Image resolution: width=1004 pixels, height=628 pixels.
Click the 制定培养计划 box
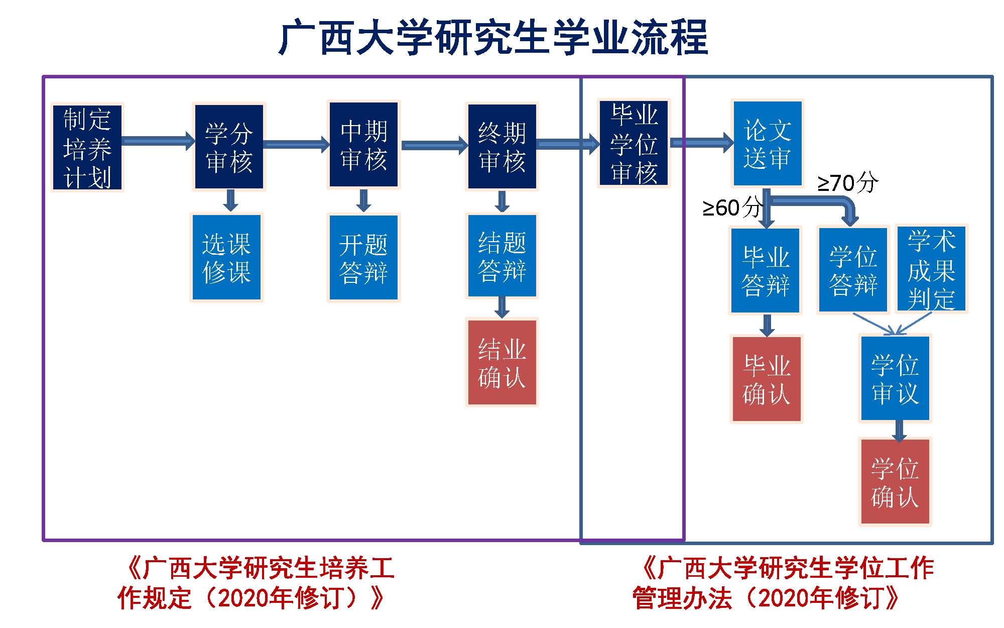[87, 147]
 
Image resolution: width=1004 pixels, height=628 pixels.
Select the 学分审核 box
[229, 147]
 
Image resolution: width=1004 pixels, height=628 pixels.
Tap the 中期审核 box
[363, 145]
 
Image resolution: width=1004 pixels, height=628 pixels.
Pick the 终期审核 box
[502, 147]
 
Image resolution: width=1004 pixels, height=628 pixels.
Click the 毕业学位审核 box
[634, 144]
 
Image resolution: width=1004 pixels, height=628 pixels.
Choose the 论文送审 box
[768, 144]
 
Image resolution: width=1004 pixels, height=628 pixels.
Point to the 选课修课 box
[226, 257]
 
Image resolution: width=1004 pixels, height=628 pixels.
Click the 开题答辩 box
[363, 258]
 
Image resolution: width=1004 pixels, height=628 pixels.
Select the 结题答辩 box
[502, 256]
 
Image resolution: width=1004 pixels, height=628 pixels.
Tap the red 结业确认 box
[502, 362]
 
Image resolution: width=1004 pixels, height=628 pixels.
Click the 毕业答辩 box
[766, 270]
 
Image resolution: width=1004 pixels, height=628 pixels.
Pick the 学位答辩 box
[853, 270]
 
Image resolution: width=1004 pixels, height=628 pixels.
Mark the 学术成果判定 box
[931, 269]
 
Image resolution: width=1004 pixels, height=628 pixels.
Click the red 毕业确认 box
[767, 379]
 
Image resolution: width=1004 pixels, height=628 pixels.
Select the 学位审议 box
[895, 378]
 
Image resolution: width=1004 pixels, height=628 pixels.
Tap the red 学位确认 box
[895, 482]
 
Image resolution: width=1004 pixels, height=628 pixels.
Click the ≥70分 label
[848, 183]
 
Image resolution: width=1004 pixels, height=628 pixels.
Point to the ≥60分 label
[732, 207]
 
